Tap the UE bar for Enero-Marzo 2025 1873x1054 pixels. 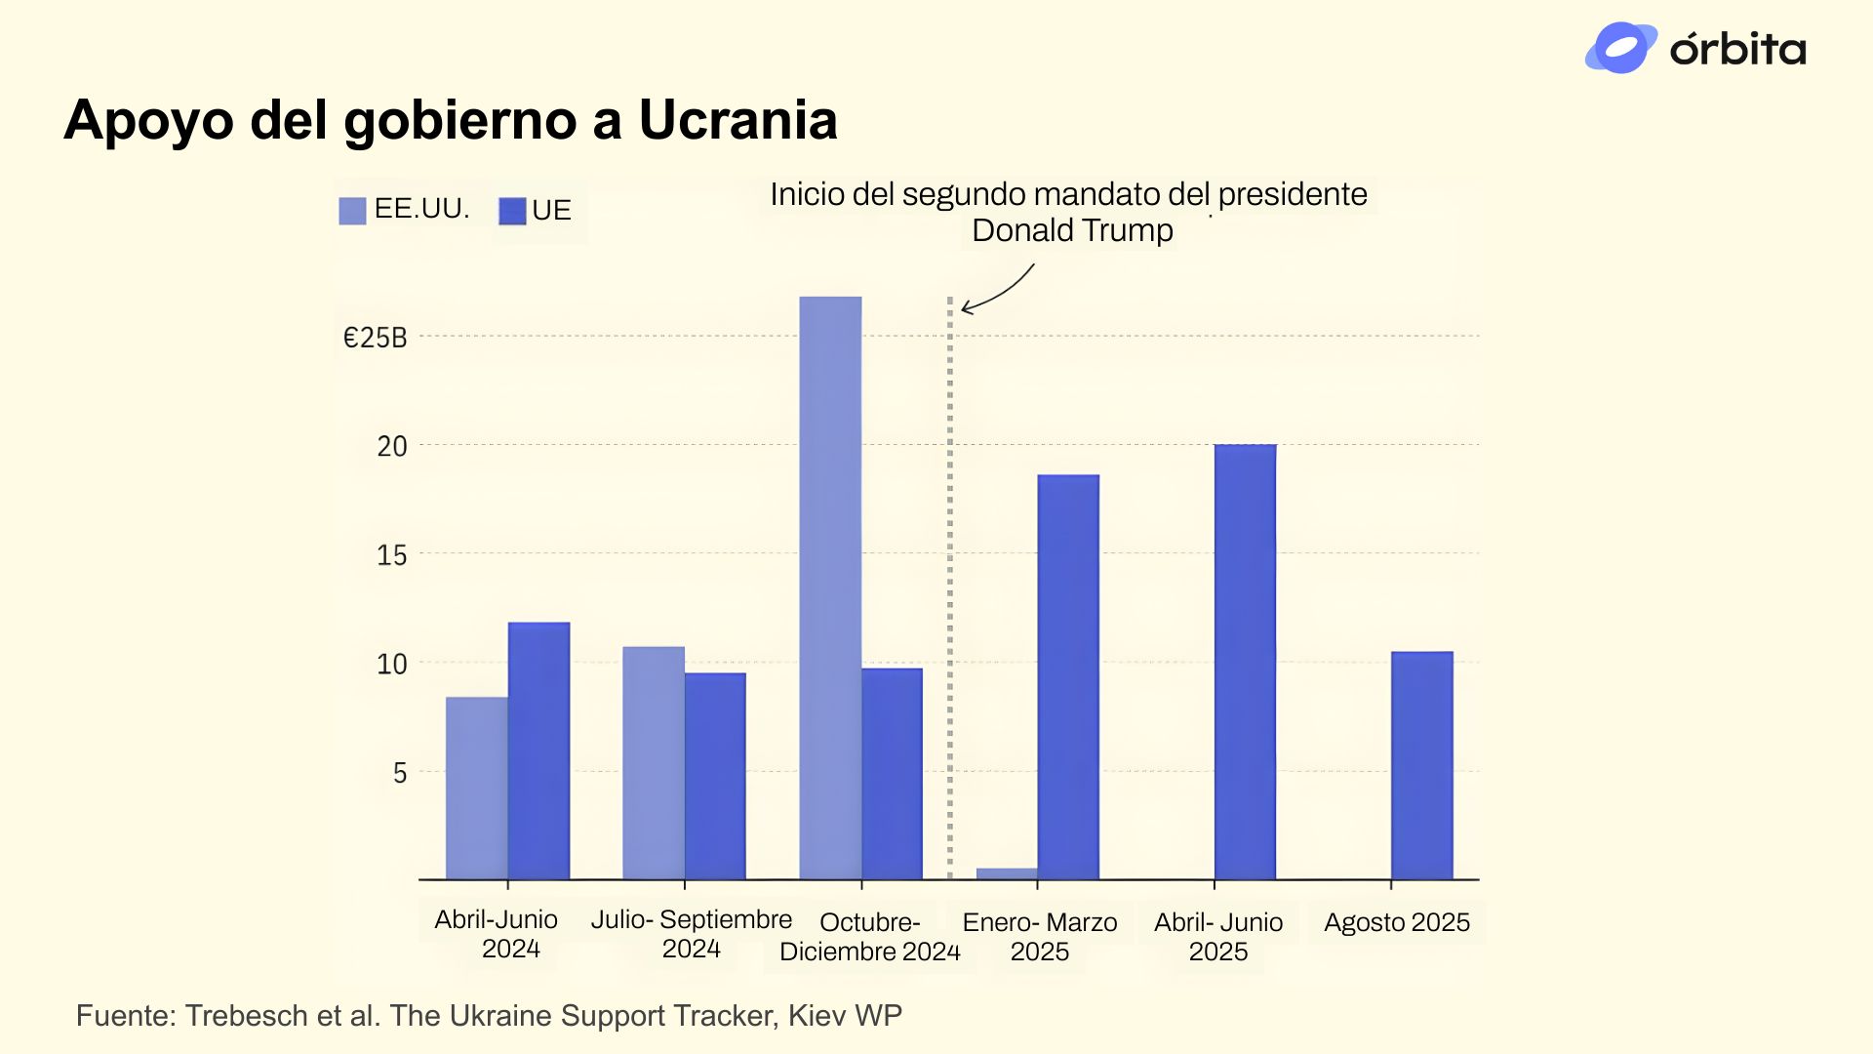tap(1068, 677)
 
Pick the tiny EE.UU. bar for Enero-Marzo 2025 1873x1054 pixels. tap(1007, 873)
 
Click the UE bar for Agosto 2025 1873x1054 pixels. tap(1421, 765)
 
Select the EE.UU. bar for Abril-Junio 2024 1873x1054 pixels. tap(477, 788)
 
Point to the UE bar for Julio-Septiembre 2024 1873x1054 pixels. tap(715, 776)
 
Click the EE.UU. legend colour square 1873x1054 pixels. tap(352, 211)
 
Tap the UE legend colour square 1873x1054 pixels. tap(512, 211)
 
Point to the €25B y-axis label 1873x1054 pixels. tap(375, 338)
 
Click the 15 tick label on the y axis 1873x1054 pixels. tap(392, 555)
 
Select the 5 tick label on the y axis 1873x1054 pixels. tap(400, 773)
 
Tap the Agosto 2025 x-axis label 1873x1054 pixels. tap(1396, 922)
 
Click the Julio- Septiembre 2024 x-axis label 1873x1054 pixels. tap(691, 934)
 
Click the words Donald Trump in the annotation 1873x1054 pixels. tap(1072, 231)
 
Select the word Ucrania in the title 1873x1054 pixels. tap(737, 120)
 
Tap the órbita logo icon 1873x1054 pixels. tap(1620, 48)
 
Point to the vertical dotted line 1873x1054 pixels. tap(949, 586)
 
